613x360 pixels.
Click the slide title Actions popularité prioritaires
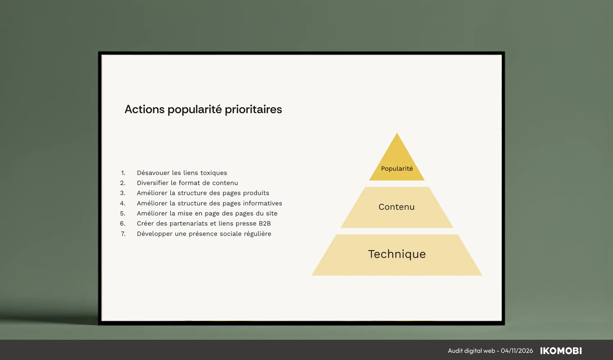(x=203, y=110)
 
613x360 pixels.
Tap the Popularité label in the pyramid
(x=397, y=169)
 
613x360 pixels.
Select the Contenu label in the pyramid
(x=397, y=207)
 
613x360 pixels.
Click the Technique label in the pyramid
(x=397, y=254)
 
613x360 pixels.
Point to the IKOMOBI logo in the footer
(x=561, y=351)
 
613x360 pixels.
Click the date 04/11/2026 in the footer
(x=517, y=351)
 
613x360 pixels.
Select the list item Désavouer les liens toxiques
(x=182, y=173)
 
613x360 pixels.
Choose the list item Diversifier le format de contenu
(x=187, y=183)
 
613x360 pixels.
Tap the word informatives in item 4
(x=263, y=203)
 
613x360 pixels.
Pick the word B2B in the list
(x=265, y=223)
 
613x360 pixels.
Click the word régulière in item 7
(x=257, y=234)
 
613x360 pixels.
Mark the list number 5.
(x=123, y=214)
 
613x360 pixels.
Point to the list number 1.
(x=123, y=173)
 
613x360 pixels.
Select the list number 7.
(x=123, y=234)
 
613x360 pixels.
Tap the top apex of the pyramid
(x=397, y=133)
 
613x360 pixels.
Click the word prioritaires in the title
(x=253, y=110)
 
